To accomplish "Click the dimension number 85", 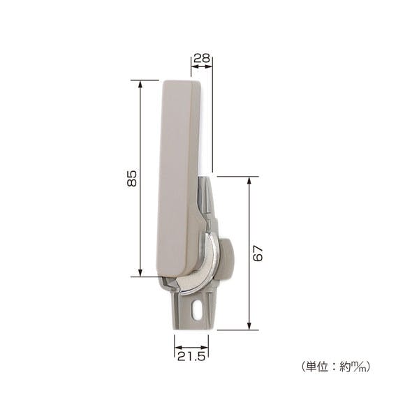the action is coord(131,179).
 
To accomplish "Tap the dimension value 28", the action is coord(202,58).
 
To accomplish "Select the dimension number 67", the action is coord(258,253).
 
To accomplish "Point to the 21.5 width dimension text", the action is coord(191,356).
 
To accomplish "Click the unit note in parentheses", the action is coord(336,367).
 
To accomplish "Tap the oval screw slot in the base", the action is coord(196,309).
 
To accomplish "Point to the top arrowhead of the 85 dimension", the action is coord(140,84).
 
